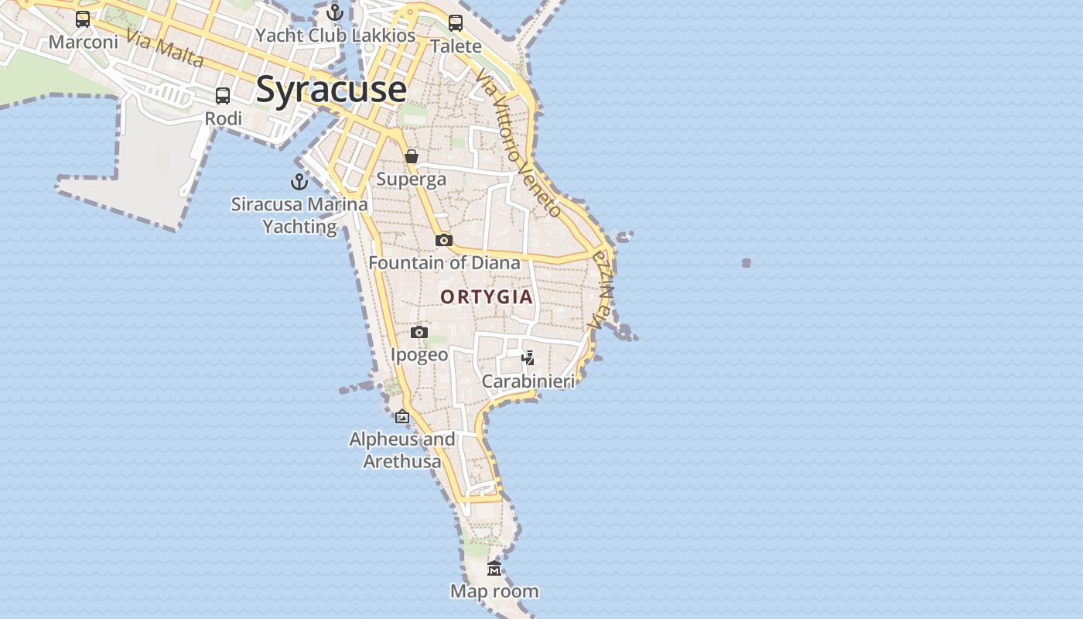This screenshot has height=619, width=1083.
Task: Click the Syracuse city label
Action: click(331, 89)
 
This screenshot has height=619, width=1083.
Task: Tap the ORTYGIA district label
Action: click(487, 296)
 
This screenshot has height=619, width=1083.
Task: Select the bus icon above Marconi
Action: click(83, 19)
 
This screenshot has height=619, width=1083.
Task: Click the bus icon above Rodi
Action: click(223, 96)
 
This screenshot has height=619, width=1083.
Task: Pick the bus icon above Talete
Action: click(456, 23)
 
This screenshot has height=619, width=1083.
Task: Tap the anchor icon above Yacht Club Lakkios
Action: click(335, 12)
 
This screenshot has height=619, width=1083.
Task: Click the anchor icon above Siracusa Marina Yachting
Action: click(299, 182)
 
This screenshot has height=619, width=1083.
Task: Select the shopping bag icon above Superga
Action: click(412, 156)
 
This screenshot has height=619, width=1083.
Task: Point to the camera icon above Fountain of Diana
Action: click(443, 240)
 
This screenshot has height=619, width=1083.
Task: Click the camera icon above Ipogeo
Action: click(419, 332)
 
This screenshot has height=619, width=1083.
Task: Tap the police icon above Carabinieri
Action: click(528, 357)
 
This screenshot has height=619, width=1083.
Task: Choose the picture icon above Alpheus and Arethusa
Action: click(402, 416)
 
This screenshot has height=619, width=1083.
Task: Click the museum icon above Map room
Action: click(494, 569)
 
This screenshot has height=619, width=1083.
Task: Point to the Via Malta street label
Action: click(165, 49)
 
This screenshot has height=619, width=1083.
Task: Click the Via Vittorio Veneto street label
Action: click(518, 143)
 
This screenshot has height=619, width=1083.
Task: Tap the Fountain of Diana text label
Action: click(444, 262)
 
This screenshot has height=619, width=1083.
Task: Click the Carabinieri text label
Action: click(528, 381)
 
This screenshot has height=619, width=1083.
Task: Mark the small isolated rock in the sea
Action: click(746, 263)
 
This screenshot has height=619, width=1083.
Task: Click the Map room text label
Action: click(494, 592)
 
